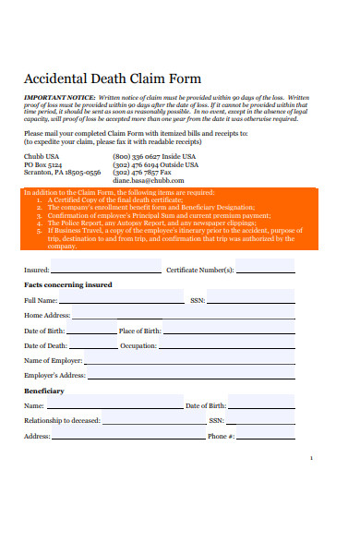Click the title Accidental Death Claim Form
pos(112,78)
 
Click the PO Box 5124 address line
pos(44,164)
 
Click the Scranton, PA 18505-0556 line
pos(62,172)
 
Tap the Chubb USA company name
pos(42,156)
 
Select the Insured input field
pos(105,269)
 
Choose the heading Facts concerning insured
pos(67,285)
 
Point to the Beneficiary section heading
pos(43,391)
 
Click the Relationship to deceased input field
pos(144,420)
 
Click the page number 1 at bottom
pos(311,458)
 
